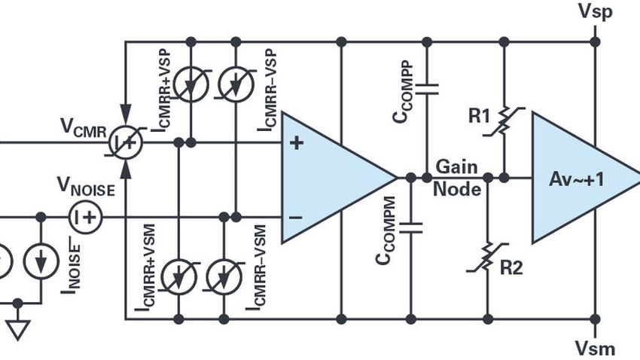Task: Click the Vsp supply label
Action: [x=595, y=11]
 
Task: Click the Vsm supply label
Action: [x=595, y=348]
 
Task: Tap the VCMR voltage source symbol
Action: [x=125, y=142]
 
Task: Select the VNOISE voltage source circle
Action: [x=85, y=217]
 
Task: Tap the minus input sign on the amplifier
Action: [x=297, y=217]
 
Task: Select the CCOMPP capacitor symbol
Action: [x=427, y=88]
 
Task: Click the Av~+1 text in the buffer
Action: [x=576, y=178]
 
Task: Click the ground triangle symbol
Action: [x=18, y=328]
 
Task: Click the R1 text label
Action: [x=479, y=117]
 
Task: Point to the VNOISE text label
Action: [x=87, y=188]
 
